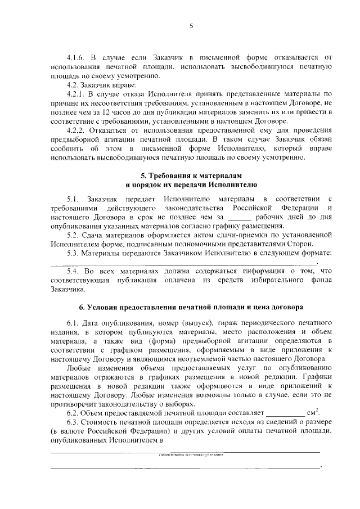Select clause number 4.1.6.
[x=76, y=57]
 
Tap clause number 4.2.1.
[x=76, y=93]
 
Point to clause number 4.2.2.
[x=76, y=130]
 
